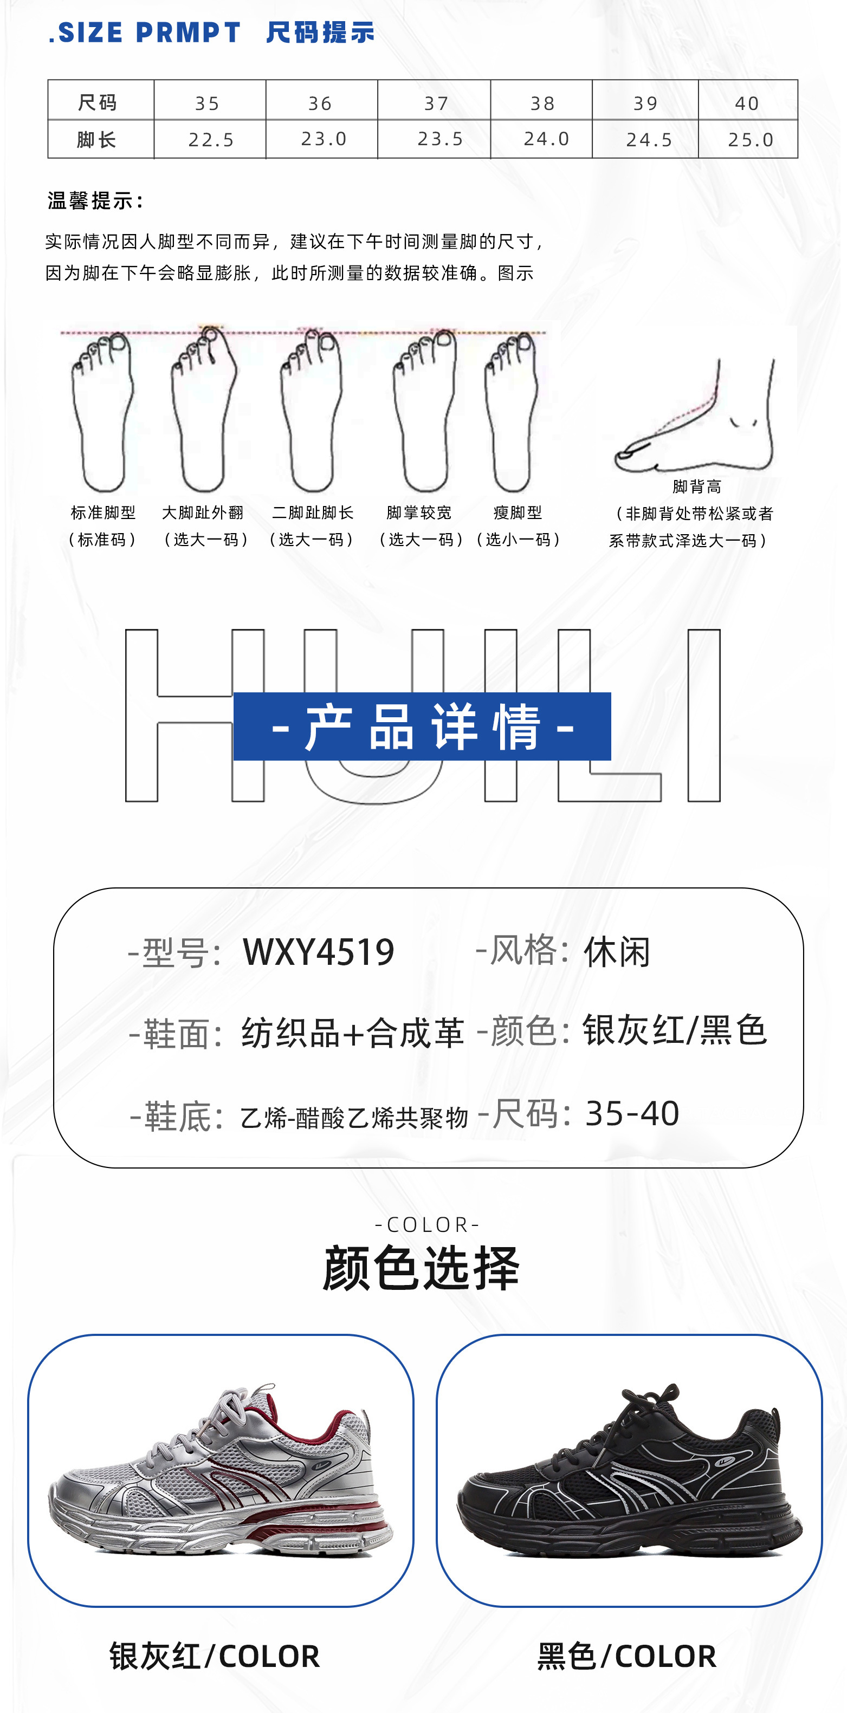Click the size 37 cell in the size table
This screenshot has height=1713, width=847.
436,103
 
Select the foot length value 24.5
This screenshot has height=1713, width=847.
649,140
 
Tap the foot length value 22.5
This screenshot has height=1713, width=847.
211,140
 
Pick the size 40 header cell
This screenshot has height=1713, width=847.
747,103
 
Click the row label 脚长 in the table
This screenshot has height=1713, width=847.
97,140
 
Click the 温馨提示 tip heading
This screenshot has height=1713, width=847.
96,200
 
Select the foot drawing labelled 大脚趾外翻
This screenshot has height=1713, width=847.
203,412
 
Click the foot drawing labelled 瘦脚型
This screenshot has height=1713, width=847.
512,412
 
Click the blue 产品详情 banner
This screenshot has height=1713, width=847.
422,726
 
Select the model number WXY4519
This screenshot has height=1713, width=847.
319,952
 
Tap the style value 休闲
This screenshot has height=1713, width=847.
617,952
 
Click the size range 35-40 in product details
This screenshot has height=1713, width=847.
631,1113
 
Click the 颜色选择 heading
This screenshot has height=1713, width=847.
422,1268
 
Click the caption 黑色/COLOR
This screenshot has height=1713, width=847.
627,1656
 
